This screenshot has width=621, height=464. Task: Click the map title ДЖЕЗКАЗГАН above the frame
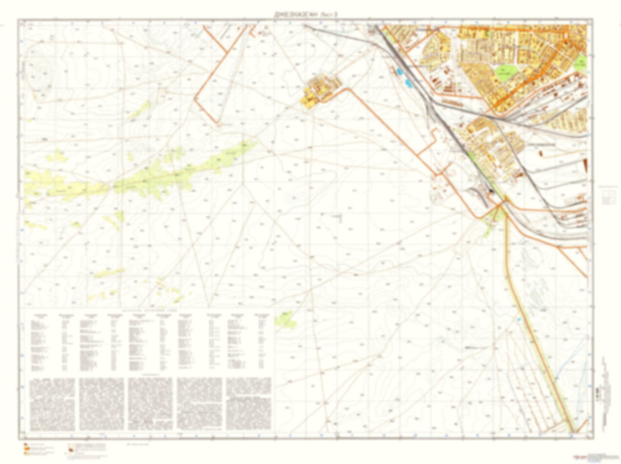coord(297,14)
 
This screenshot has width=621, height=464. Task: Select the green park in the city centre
coord(507,73)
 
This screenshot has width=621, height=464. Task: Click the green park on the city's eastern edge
coord(580,61)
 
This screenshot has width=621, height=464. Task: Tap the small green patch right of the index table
coord(284,319)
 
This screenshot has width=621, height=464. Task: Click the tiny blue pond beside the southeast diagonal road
coord(520,320)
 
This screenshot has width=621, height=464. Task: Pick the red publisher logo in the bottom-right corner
coord(580,457)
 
